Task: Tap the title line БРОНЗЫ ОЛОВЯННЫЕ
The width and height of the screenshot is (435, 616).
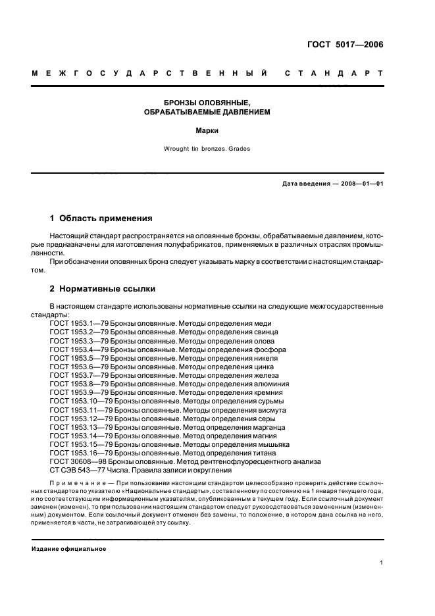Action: pos(208,103)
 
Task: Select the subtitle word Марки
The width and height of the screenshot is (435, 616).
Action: pos(208,130)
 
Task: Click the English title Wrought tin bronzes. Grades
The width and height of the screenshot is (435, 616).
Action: pos(207,149)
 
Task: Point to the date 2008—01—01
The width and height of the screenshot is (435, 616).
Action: pos(360,184)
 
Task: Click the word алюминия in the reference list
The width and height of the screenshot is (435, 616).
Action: pos(270,384)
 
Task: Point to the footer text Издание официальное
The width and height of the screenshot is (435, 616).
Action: pos(69,548)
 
